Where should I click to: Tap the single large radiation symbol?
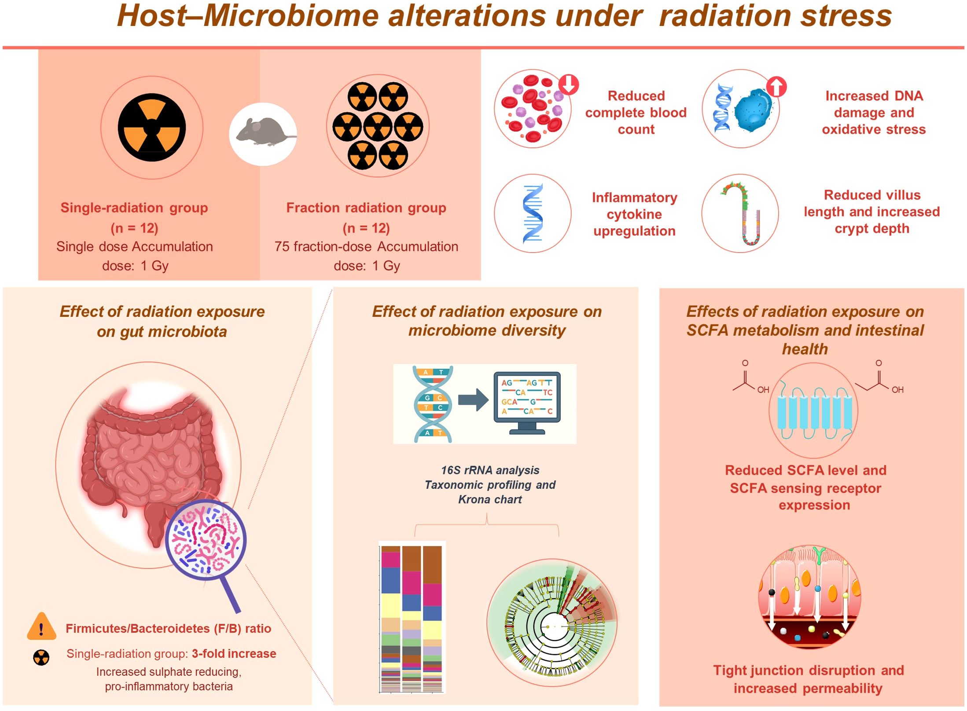(152, 128)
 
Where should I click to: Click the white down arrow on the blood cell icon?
(569, 84)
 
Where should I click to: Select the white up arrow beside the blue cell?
(776, 87)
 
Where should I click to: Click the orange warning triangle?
(41, 627)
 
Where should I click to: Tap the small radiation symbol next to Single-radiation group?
(41, 658)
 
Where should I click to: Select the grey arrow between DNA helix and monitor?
(473, 400)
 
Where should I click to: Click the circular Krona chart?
(552, 624)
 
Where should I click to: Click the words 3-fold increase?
(234, 654)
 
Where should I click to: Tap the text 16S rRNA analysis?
(490, 470)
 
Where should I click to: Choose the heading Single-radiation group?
(134, 208)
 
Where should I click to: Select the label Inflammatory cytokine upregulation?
(634, 214)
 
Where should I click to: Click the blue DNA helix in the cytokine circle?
(533, 213)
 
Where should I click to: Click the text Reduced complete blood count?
(636, 113)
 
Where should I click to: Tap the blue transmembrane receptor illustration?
(814, 411)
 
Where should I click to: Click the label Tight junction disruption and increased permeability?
(809, 679)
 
